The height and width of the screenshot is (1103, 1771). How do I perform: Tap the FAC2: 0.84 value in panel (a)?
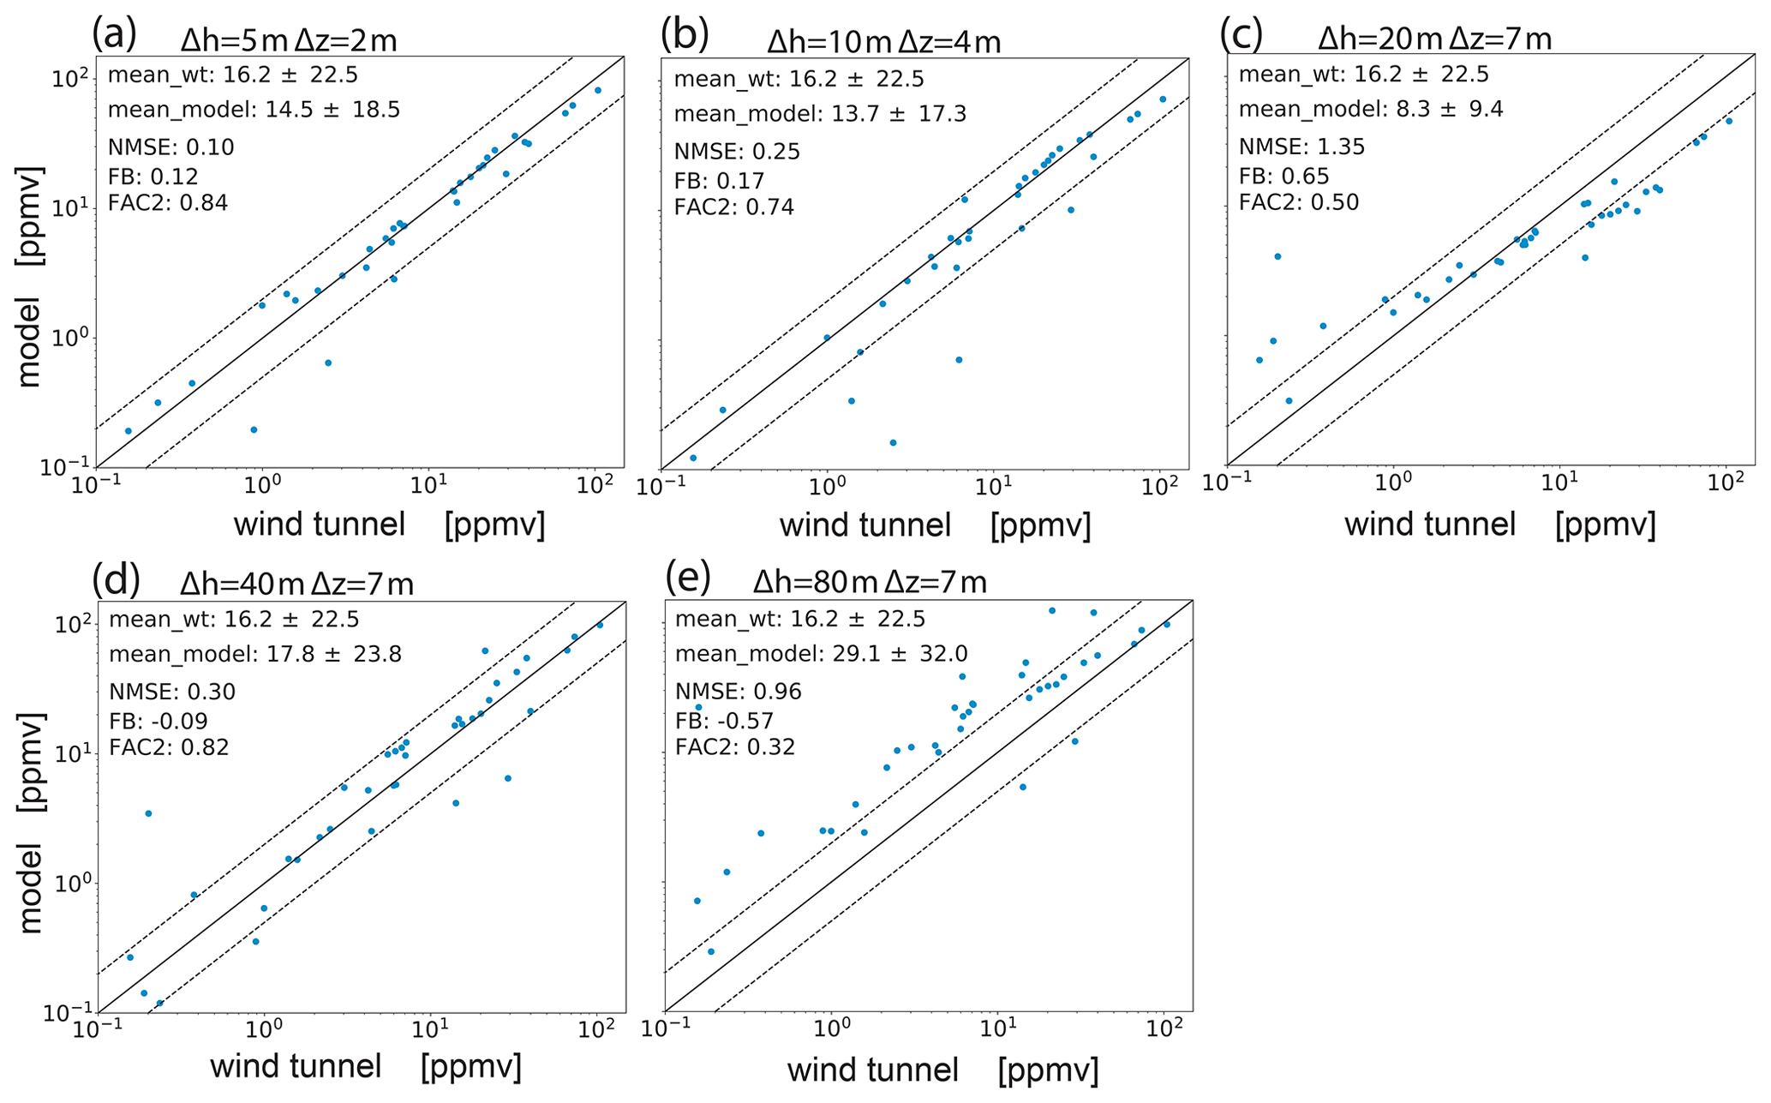pyautogui.click(x=168, y=204)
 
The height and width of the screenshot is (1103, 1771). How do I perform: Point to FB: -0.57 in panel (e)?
pyautogui.click(x=724, y=720)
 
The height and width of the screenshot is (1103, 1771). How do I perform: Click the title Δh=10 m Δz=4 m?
pyautogui.click(x=883, y=41)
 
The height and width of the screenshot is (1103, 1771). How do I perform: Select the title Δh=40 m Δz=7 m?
pyautogui.click(x=296, y=584)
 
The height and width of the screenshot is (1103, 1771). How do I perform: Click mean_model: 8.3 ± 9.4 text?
pyautogui.click(x=1371, y=109)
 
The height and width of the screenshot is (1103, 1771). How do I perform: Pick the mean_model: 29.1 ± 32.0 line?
pyautogui.click(x=821, y=654)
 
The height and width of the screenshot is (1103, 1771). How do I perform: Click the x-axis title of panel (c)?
pyautogui.click(x=1499, y=524)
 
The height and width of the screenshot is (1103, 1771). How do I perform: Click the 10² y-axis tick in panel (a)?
pyautogui.click(x=71, y=79)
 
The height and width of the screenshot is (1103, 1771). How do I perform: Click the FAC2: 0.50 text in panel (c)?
pyautogui.click(x=1299, y=202)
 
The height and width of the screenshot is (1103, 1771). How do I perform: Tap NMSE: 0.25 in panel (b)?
pyautogui.click(x=737, y=152)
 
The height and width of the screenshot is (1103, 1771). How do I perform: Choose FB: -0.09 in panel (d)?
pyautogui.click(x=159, y=720)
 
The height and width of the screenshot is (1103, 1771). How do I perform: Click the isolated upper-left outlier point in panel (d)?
pyautogui.click(x=148, y=813)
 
